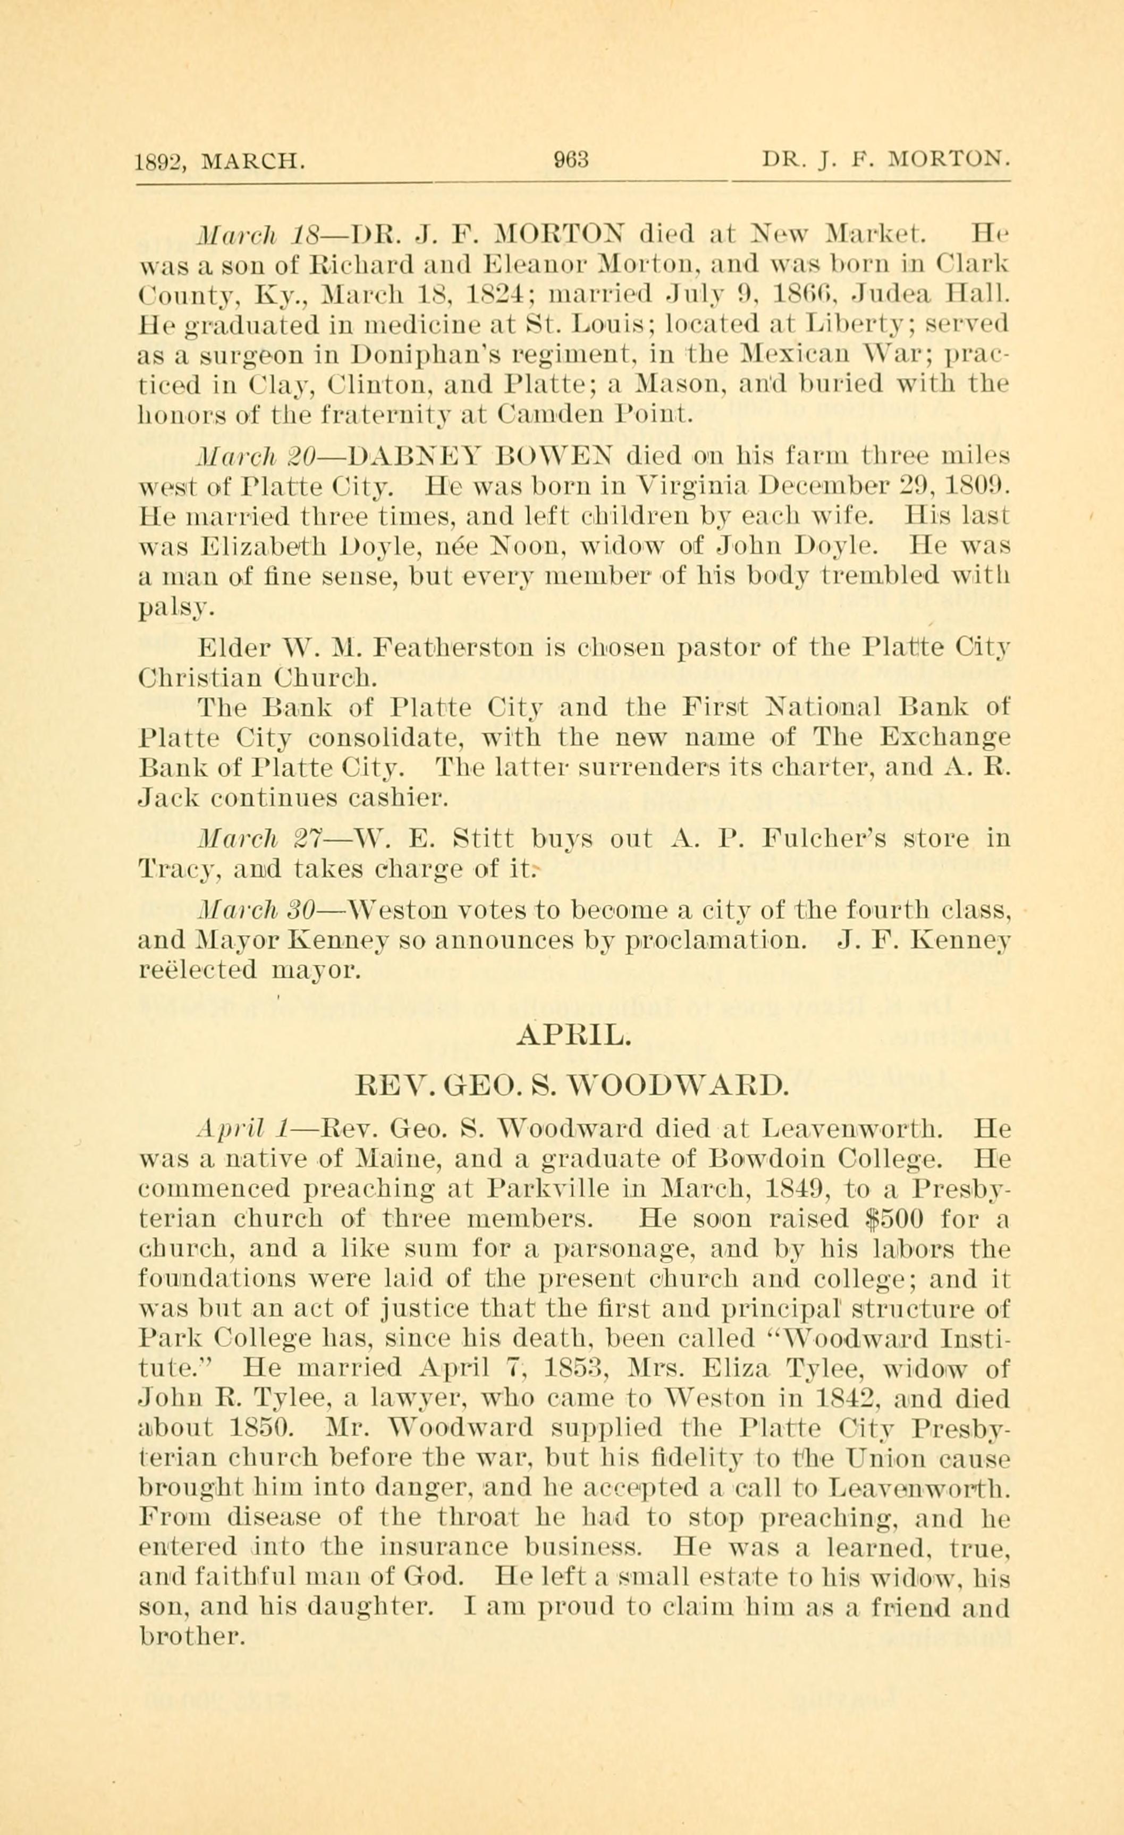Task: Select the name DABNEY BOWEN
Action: click(x=472, y=454)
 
